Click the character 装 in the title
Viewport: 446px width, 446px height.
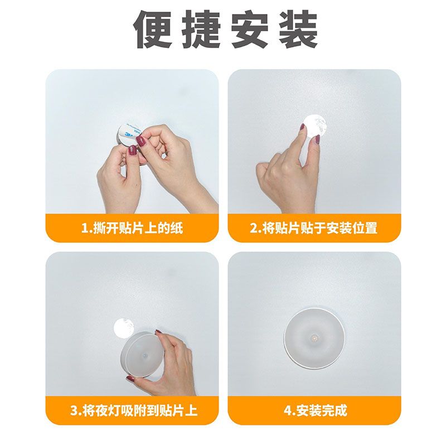(294, 29)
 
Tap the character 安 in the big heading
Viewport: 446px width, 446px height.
(247, 29)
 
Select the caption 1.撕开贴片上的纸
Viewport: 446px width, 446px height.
(132, 228)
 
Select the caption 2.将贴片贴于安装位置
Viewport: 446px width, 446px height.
(314, 228)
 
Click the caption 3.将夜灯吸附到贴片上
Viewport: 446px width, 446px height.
(134, 411)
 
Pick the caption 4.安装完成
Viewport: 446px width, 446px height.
(315, 411)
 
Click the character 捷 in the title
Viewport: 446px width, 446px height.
(200, 29)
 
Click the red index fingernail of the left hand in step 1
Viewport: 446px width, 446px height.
(133, 150)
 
